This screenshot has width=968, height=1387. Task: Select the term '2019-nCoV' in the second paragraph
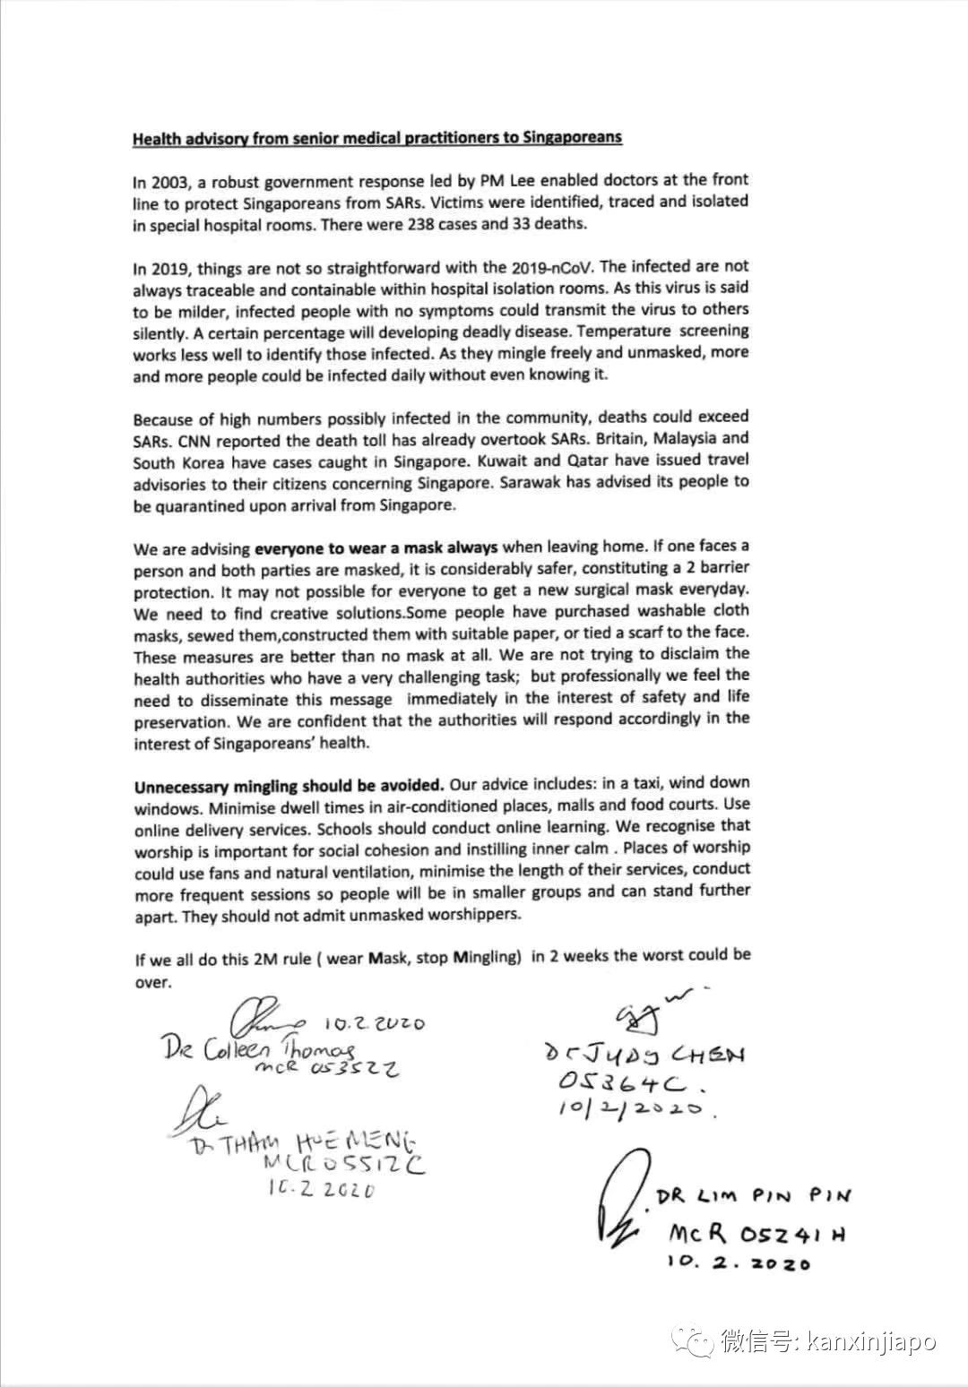543,267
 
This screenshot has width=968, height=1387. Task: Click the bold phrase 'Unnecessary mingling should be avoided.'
289,787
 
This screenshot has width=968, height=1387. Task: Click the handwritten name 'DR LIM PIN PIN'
753,1195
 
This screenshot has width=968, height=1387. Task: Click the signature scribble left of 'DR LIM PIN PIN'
617,1205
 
